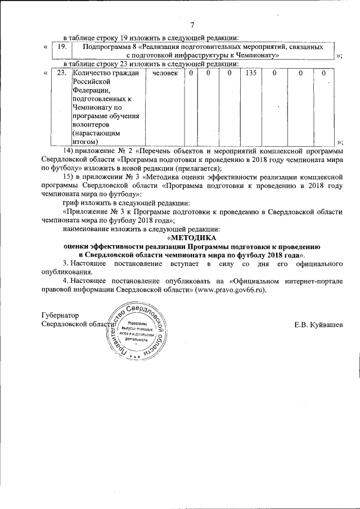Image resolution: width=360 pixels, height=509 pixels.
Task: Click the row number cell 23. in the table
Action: (x=62, y=74)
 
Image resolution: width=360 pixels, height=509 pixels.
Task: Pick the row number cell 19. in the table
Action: (x=62, y=47)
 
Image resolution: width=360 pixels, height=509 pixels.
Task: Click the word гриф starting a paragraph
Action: (x=71, y=202)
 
